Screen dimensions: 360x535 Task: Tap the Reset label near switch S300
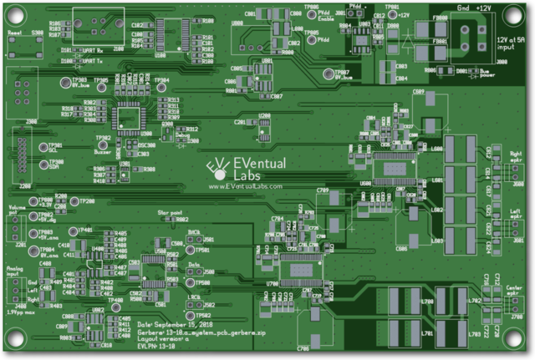[13, 33]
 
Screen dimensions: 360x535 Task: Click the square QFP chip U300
[129, 116]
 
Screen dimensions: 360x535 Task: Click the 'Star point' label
[171, 213]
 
